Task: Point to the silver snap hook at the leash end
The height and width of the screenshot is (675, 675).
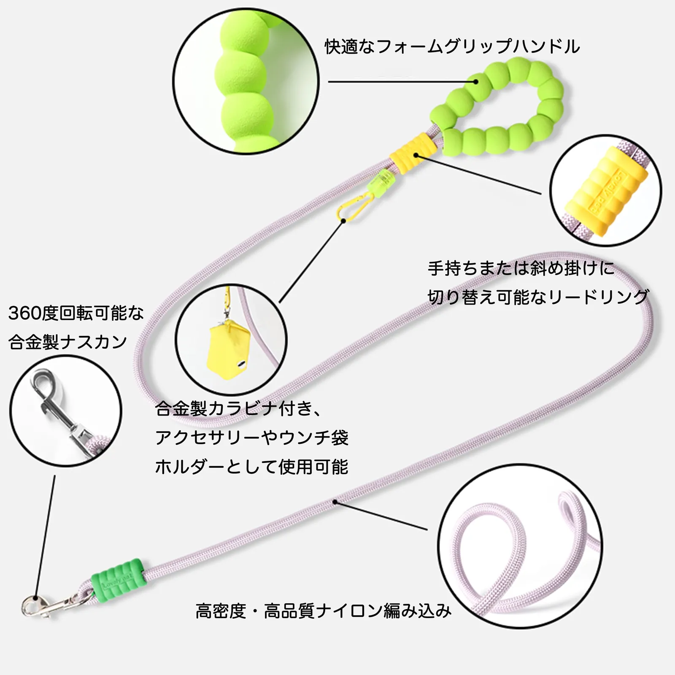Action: pyautogui.click(x=46, y=606)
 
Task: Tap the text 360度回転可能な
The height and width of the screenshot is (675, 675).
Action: pyautogui.click(x=76, y=313)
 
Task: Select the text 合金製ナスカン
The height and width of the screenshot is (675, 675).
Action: pyautogui.click(x=67, y=342)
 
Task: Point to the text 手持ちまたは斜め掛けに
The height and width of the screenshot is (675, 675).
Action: pyautogui.click(x=521, y=268)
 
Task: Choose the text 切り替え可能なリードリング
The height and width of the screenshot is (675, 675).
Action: pyautogui.click(x=538, y=297)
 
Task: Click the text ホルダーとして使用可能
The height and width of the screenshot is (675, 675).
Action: pyautogui.click(x=252, y=467)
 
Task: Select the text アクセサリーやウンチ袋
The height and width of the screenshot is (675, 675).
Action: pyautogui.click(x=252, y=437)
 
